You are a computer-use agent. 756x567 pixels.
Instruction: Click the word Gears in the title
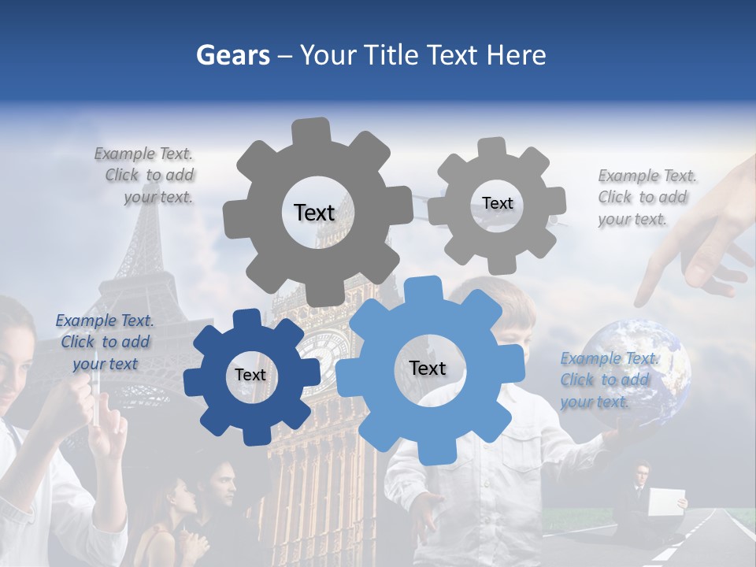click(x=232, y=55)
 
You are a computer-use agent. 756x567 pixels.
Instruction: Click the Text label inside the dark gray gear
click(x=314, y=213)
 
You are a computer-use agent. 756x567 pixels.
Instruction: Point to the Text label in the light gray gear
click(x=497, y=203)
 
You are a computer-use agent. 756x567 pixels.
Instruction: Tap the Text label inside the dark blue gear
click(x=250, y=375)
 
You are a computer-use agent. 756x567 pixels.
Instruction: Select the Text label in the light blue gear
click(x=427, y=368)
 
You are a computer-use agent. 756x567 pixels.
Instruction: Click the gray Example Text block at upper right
click(x=646, y=197)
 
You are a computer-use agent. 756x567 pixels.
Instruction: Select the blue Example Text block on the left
click(x=104, y=342)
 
